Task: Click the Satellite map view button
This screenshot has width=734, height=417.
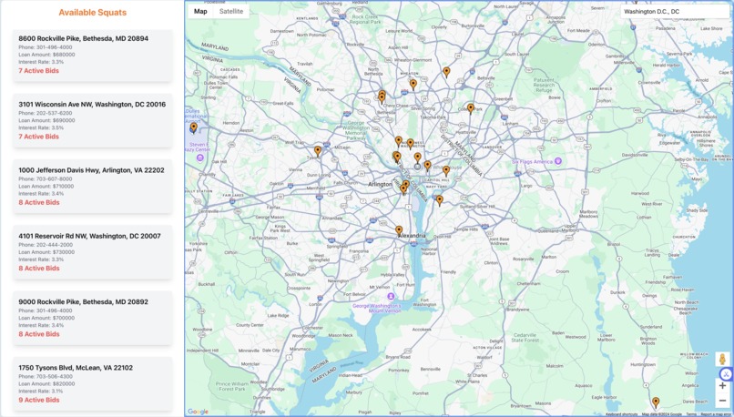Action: (x=231, y=12)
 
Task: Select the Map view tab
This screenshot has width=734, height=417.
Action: (x=200, y=12)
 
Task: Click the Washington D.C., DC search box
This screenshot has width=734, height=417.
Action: (x=674, y=12)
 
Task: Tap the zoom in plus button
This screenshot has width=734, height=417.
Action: (x=722, y=385)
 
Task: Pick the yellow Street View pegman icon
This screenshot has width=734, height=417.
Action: (x=722, y=361)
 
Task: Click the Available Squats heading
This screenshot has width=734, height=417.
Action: (x=92, y=13)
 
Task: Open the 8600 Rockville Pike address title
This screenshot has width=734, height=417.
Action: (x=83, y=39)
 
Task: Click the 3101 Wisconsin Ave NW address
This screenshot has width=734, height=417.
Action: (x=92, y=105)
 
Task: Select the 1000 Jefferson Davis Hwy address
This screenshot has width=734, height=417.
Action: (x=91, y=170)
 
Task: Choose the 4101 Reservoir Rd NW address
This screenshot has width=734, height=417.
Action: (x=89, y=236)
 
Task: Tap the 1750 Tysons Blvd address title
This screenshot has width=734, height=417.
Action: (x=76, y=368)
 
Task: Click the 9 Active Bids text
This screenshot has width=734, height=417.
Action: (x=38, y=400)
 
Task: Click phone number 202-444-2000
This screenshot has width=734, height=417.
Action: (x=54, y=245)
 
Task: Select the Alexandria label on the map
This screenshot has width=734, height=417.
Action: (x=412, y=236)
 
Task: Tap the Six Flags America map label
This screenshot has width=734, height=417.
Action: (x=534, y=161)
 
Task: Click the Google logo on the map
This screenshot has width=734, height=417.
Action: (x=198, y=412)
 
